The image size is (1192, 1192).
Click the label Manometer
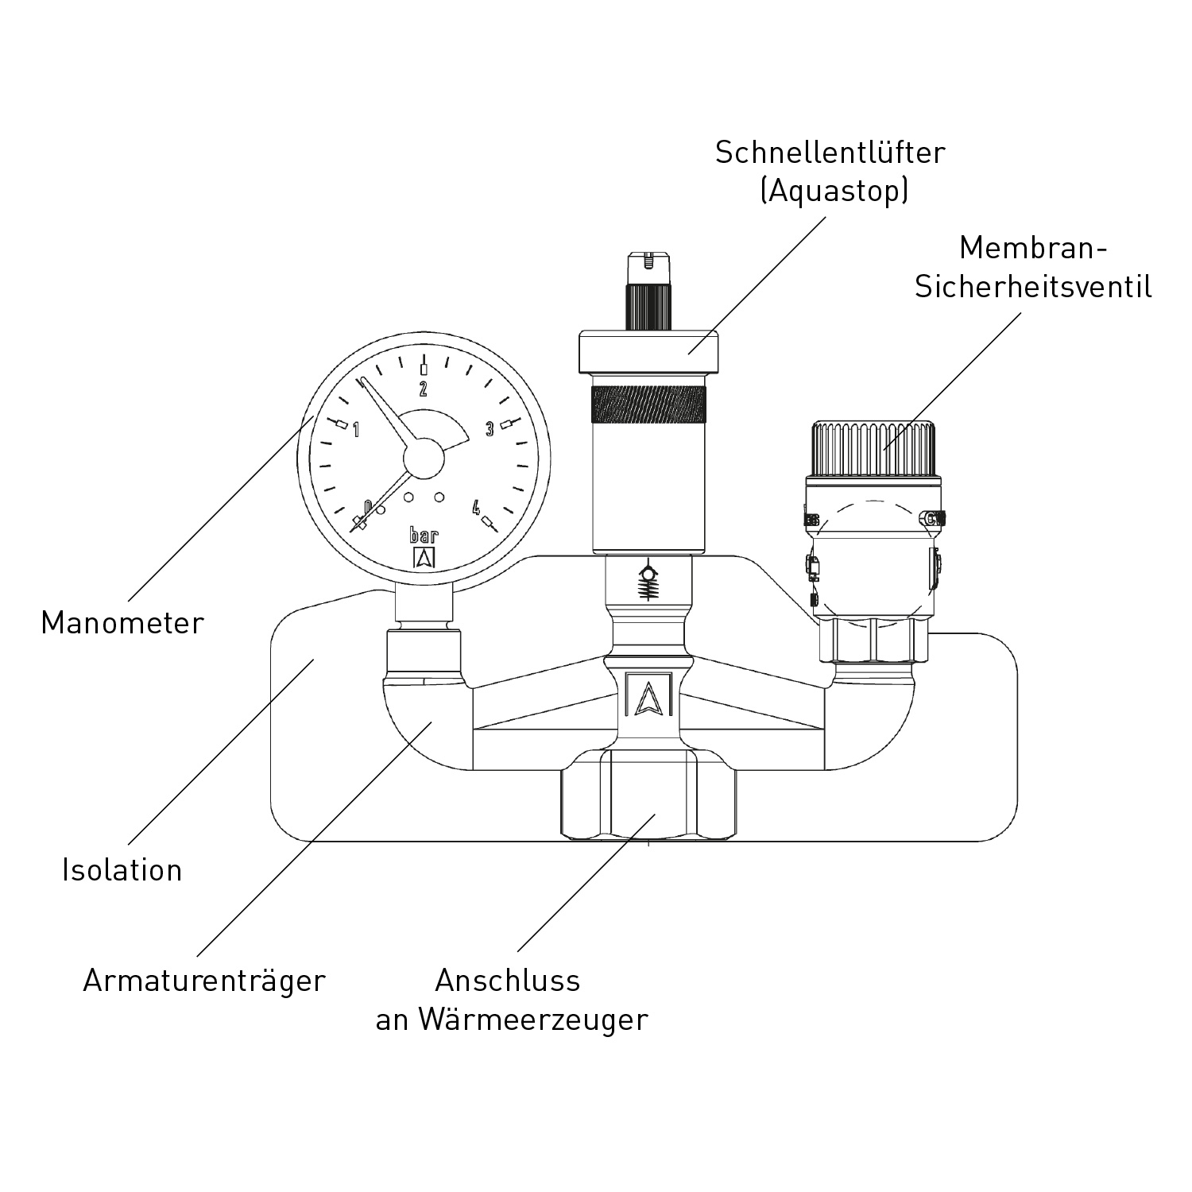point(122,623)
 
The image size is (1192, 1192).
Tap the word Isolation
point(122,870)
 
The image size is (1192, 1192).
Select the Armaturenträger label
point(204,981)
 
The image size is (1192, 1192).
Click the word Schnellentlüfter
point(830,153)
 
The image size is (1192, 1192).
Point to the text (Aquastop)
point(834,192)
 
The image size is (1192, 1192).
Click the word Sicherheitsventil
point(1032,287)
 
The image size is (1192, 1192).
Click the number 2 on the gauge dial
point(424,389)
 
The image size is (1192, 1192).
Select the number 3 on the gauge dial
point(490,430)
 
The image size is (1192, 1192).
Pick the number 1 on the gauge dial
point(356,430)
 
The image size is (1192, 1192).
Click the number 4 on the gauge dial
point(476,507)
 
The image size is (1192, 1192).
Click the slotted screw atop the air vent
point(649,261)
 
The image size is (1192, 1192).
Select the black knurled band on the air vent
point(649,406)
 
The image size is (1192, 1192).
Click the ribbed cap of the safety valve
point(873,449)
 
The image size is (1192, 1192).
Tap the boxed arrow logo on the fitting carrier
point(648,696)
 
